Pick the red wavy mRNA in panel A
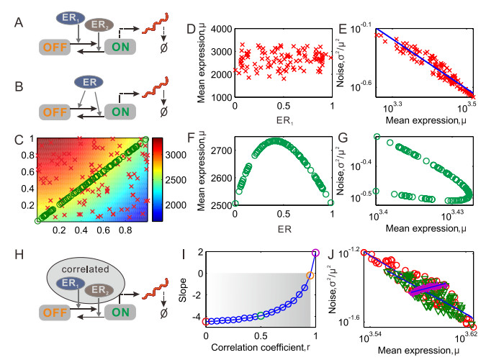coord(152,30)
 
